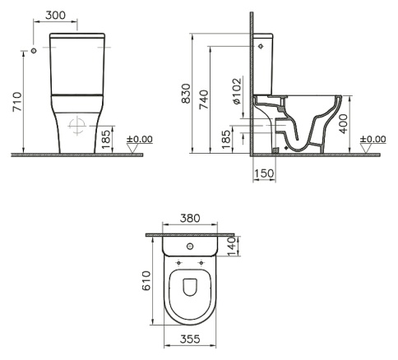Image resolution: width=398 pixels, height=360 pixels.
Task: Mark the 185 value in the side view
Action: coord(226,138)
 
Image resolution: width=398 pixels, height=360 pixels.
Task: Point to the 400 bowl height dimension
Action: coord(354,125)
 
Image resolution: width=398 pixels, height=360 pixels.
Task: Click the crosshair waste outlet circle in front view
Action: coord(76,126)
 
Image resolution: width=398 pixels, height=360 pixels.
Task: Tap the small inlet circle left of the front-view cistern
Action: coord(34,52)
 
